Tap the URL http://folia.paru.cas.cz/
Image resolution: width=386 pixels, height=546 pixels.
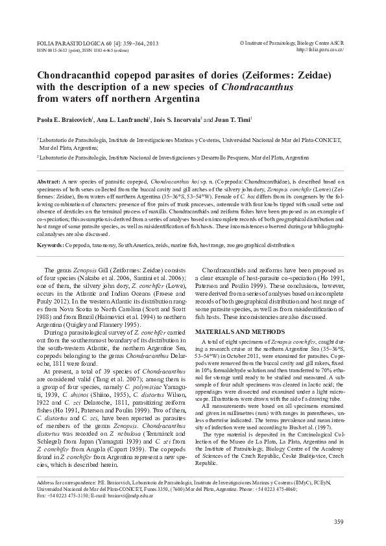pyautogui.click(x=319, y=49)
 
